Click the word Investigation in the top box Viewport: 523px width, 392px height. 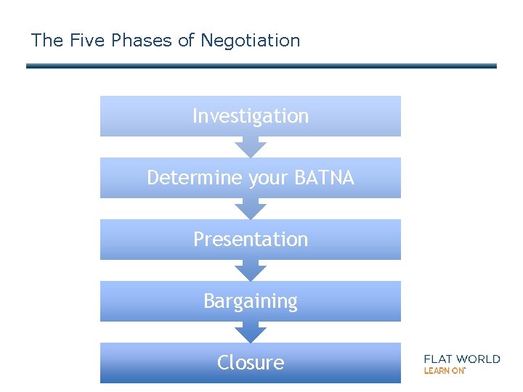click(251, 116)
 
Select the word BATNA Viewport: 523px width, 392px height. click(325, 178)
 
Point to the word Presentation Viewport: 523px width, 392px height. click(251, 240)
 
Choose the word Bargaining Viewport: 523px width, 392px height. click(251, 301)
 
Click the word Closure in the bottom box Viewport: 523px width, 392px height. click(251, 362)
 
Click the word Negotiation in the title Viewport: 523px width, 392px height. click(250, 41)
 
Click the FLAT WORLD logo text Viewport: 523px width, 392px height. click(462, 359)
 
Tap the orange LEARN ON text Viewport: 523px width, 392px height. click(444, 371)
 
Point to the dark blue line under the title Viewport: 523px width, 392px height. click(261, 66)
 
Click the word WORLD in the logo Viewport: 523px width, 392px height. click(479, 359)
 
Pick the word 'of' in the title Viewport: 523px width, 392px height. click(187, 41)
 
